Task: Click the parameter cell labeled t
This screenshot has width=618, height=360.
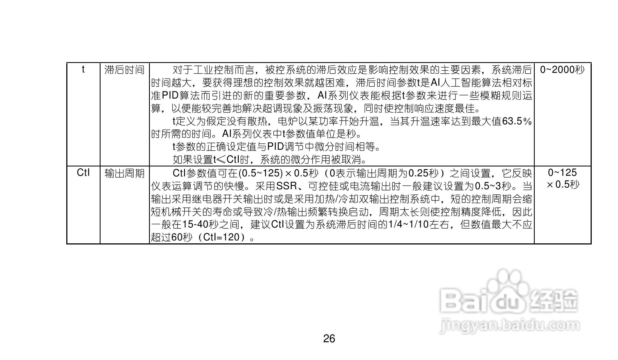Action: pos(83,70)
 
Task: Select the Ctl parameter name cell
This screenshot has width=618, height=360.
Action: pos(83,173)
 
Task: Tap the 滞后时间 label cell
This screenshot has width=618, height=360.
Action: pos(124,70)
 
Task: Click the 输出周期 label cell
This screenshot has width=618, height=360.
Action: pos(124,173)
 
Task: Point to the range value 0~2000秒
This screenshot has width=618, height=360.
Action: pos(562,70)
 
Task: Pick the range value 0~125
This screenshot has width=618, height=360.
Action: pos(562,172)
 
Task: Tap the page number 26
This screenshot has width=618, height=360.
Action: pos(329,339)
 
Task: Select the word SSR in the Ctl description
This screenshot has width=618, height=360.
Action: pos(287,186)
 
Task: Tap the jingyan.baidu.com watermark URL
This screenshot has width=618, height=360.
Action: pos(510,326)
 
